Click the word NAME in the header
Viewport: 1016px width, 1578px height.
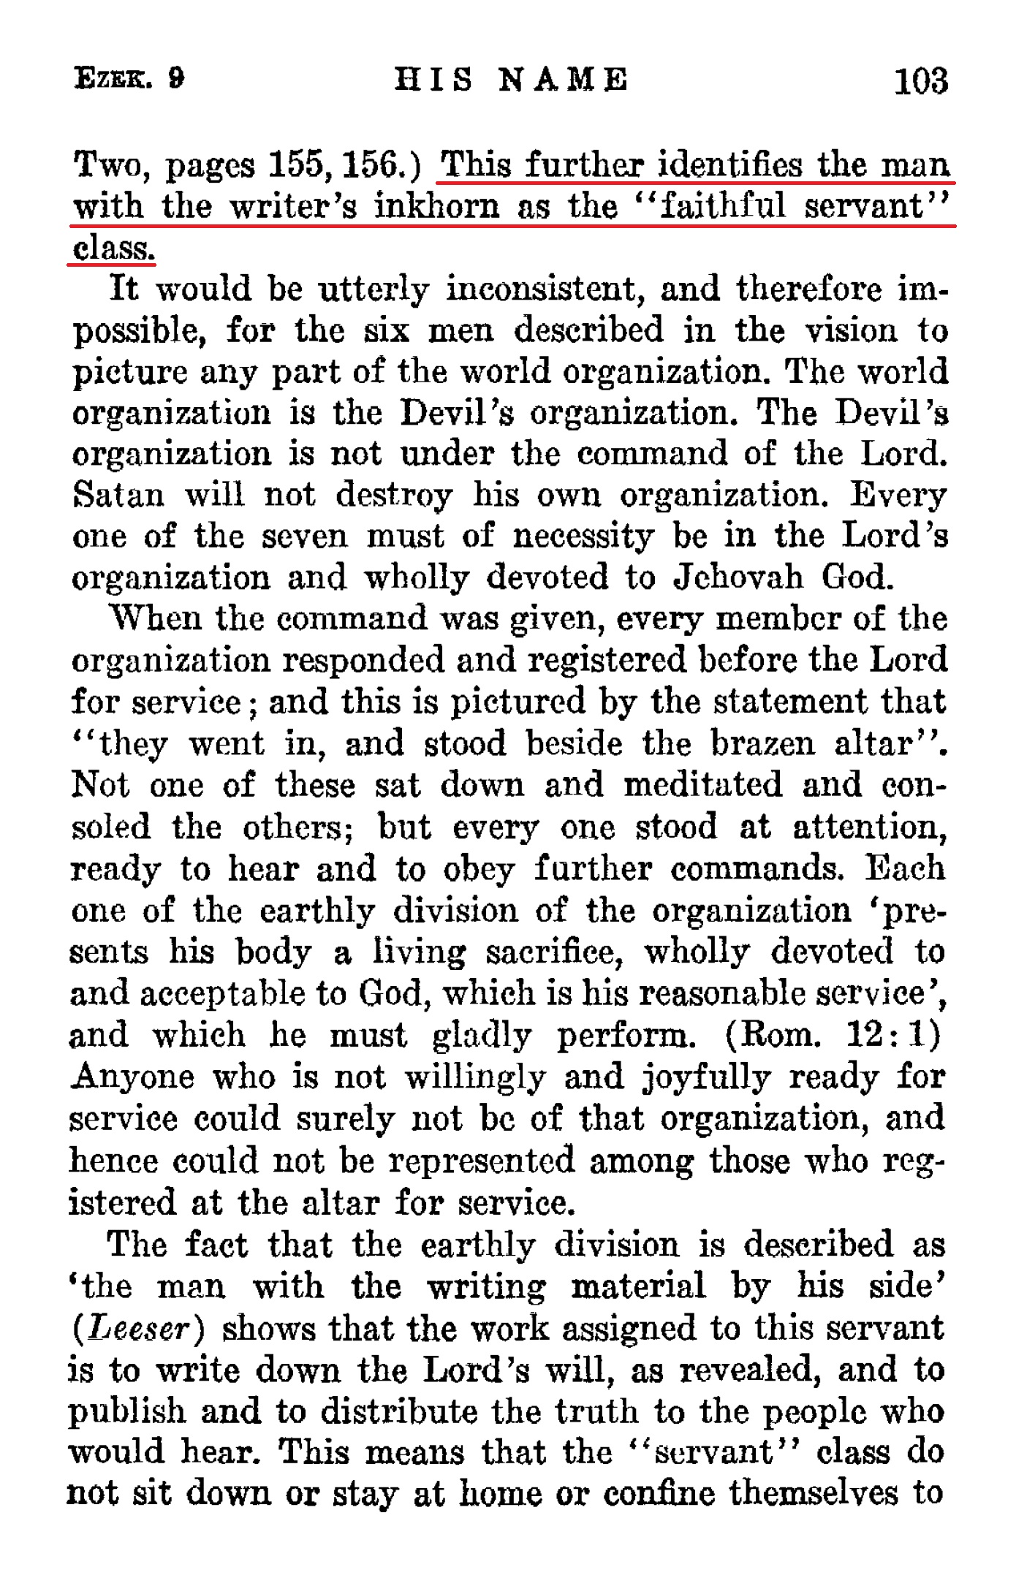click(563, 79)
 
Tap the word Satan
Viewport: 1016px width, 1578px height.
click(119, 496)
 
